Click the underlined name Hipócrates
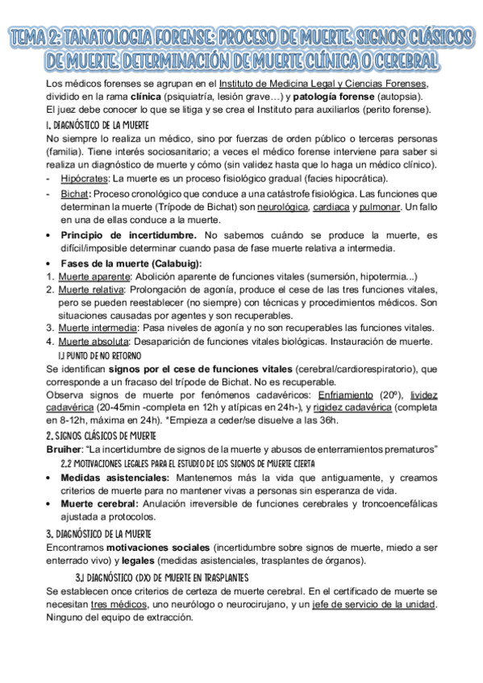pos(85,178)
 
